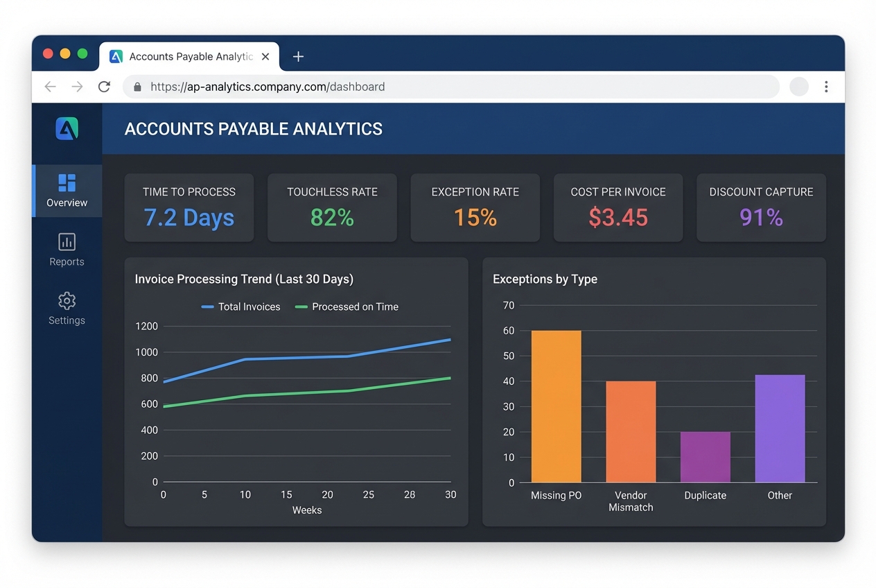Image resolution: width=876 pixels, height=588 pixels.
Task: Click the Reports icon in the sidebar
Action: click(x=67, y=242)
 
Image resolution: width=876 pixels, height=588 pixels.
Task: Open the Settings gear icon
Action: click(x=67, y=301)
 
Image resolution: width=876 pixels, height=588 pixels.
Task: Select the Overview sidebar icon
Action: click(x=67, y=183)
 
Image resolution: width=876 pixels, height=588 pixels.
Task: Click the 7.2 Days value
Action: click(x=189, y=218)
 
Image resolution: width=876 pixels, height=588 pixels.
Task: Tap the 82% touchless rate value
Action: click(x=332, y=218)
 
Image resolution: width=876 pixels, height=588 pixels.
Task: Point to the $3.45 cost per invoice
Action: click(x=618, y=218)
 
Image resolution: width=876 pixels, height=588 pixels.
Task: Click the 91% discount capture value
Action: click(x=761, y=218)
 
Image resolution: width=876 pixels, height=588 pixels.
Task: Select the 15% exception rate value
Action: click(x=475, y=218)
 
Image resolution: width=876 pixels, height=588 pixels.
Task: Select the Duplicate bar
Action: click(x=705, y=457)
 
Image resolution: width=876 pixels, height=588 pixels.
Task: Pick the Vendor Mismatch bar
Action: click(x=631, y=431)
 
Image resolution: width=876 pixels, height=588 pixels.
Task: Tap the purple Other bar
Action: click(x=780, y=429)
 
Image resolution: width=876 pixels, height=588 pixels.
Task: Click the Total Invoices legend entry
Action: click(x=241, y=306)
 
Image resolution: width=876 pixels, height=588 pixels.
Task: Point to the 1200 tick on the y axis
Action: click(x=147, y=326)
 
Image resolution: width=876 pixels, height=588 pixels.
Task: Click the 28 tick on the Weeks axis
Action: click(x=410, y=495)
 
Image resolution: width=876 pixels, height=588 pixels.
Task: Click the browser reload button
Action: click(x=104, y=87)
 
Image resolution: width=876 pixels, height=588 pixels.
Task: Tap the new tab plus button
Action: click(x=298, y=57)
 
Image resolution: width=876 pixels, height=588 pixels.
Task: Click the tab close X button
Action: click(x=265, y=57)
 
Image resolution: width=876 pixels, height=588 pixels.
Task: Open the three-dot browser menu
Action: click(x=826, y=87)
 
